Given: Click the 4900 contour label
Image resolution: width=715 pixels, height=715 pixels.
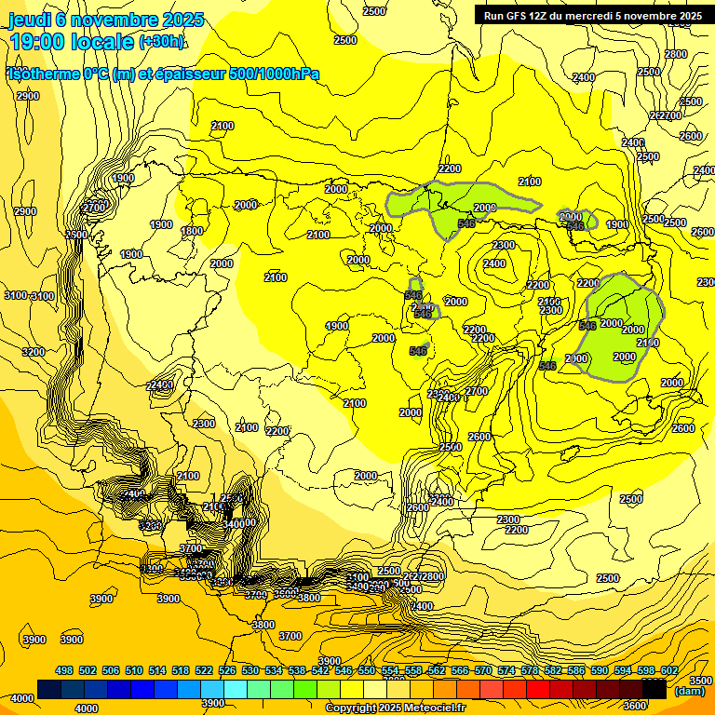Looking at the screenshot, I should pyautogui.click(x=337, y=326).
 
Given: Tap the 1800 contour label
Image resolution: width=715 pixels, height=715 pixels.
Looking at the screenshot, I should pyautogui.click(x=192, y=231).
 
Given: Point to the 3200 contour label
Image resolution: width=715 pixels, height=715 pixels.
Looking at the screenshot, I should pyautogui.click(x=34, y=352).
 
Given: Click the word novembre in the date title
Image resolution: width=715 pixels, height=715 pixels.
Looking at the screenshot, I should pyautogui.click(x=110, y=20).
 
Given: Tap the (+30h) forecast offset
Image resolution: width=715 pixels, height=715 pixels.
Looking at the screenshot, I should pyautogui.click(x=162, y=42).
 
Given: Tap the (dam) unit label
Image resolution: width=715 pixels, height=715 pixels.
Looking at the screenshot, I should pyautogui.click(x=689, y=690).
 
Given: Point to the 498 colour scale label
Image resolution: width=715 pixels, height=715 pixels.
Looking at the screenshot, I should pyautogui.click(x=64, y=671).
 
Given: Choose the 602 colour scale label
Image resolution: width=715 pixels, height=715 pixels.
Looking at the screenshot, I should pyautogui.click(x=668, y=671).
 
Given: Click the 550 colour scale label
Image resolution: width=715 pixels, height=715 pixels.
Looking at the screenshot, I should pyautogui.click(x=366, y=671).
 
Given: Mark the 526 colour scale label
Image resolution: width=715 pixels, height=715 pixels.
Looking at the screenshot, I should pyautogui.click(x=227, y=671).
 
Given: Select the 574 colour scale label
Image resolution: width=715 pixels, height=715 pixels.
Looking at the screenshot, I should pyautogui.click(x=506, y=671).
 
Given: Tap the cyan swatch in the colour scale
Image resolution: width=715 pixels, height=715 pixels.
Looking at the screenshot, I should pyautogui.click(x=236, y=689).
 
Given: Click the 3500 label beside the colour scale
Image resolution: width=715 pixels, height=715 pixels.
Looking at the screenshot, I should pyautogui.click(x=701, y=681).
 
